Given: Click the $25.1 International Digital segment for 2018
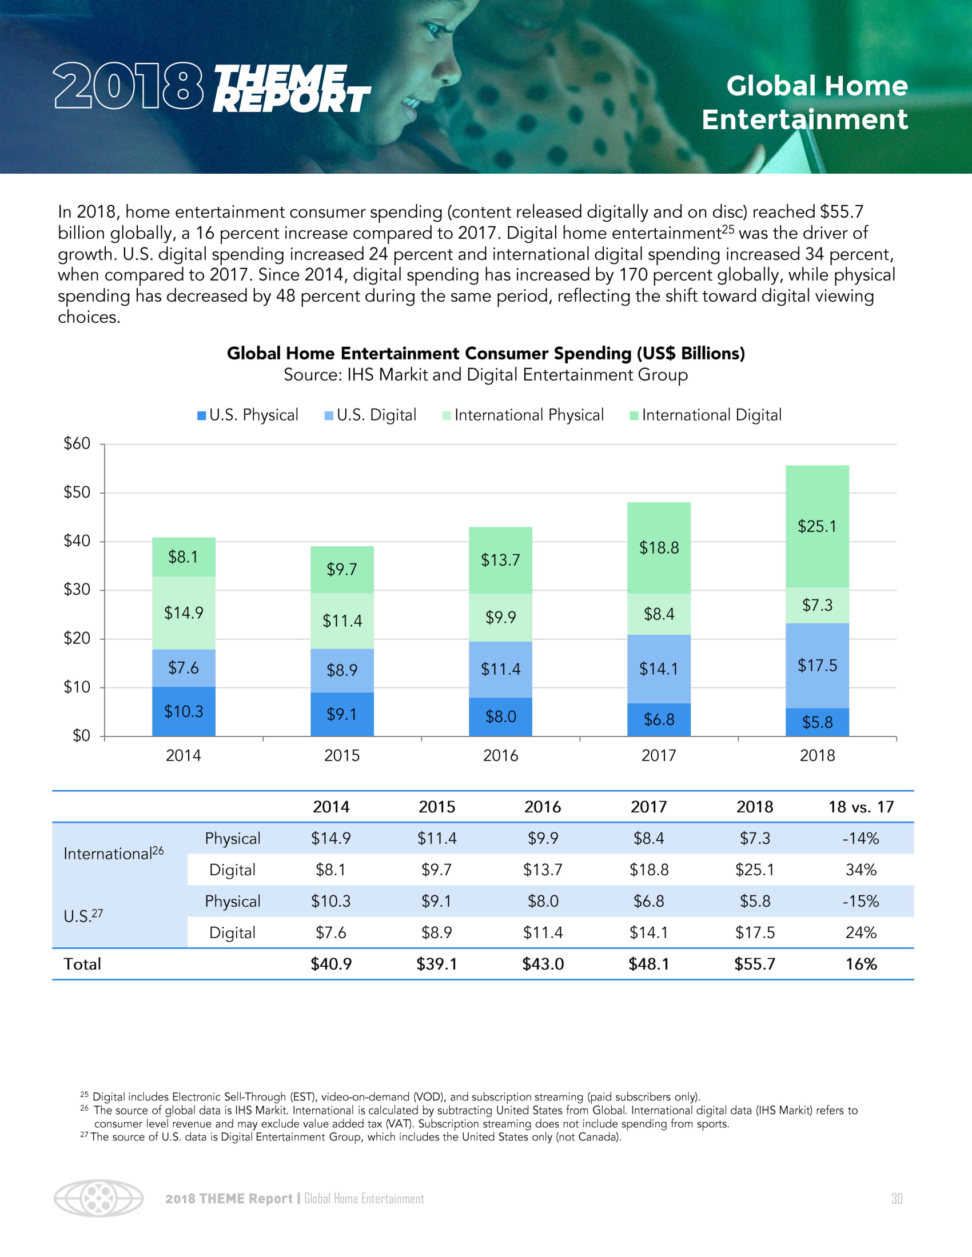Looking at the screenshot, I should tap(816, 526).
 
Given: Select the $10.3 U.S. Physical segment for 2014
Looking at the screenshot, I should tap(184, 711).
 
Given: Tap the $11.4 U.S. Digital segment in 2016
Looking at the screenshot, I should tap(500, 669).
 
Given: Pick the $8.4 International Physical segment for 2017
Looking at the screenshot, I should tap(659, 614).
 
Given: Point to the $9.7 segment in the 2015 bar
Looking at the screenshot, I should tap(342, 569).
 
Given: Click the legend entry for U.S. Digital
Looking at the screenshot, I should tap(371, 415).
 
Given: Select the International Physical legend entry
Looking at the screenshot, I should tap(523, 415).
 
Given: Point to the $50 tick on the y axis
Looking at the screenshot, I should tap(77, 492).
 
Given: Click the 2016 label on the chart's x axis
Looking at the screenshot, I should tap(500, 755).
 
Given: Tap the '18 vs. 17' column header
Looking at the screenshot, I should tap(861, 807).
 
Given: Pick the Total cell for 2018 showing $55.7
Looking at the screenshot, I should tap(754, 964).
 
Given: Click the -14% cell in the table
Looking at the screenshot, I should tap(861, 838).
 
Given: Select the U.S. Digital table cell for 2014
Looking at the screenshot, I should tap(331, 932).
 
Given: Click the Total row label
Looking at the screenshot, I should tap(82, 964).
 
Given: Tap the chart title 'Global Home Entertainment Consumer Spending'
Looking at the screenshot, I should tap(485, 353).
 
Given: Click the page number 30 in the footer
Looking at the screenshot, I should tap(897, 1198).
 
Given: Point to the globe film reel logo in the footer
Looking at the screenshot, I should tap(98, 1198).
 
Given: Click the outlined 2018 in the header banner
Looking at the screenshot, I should tap(129, 86).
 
